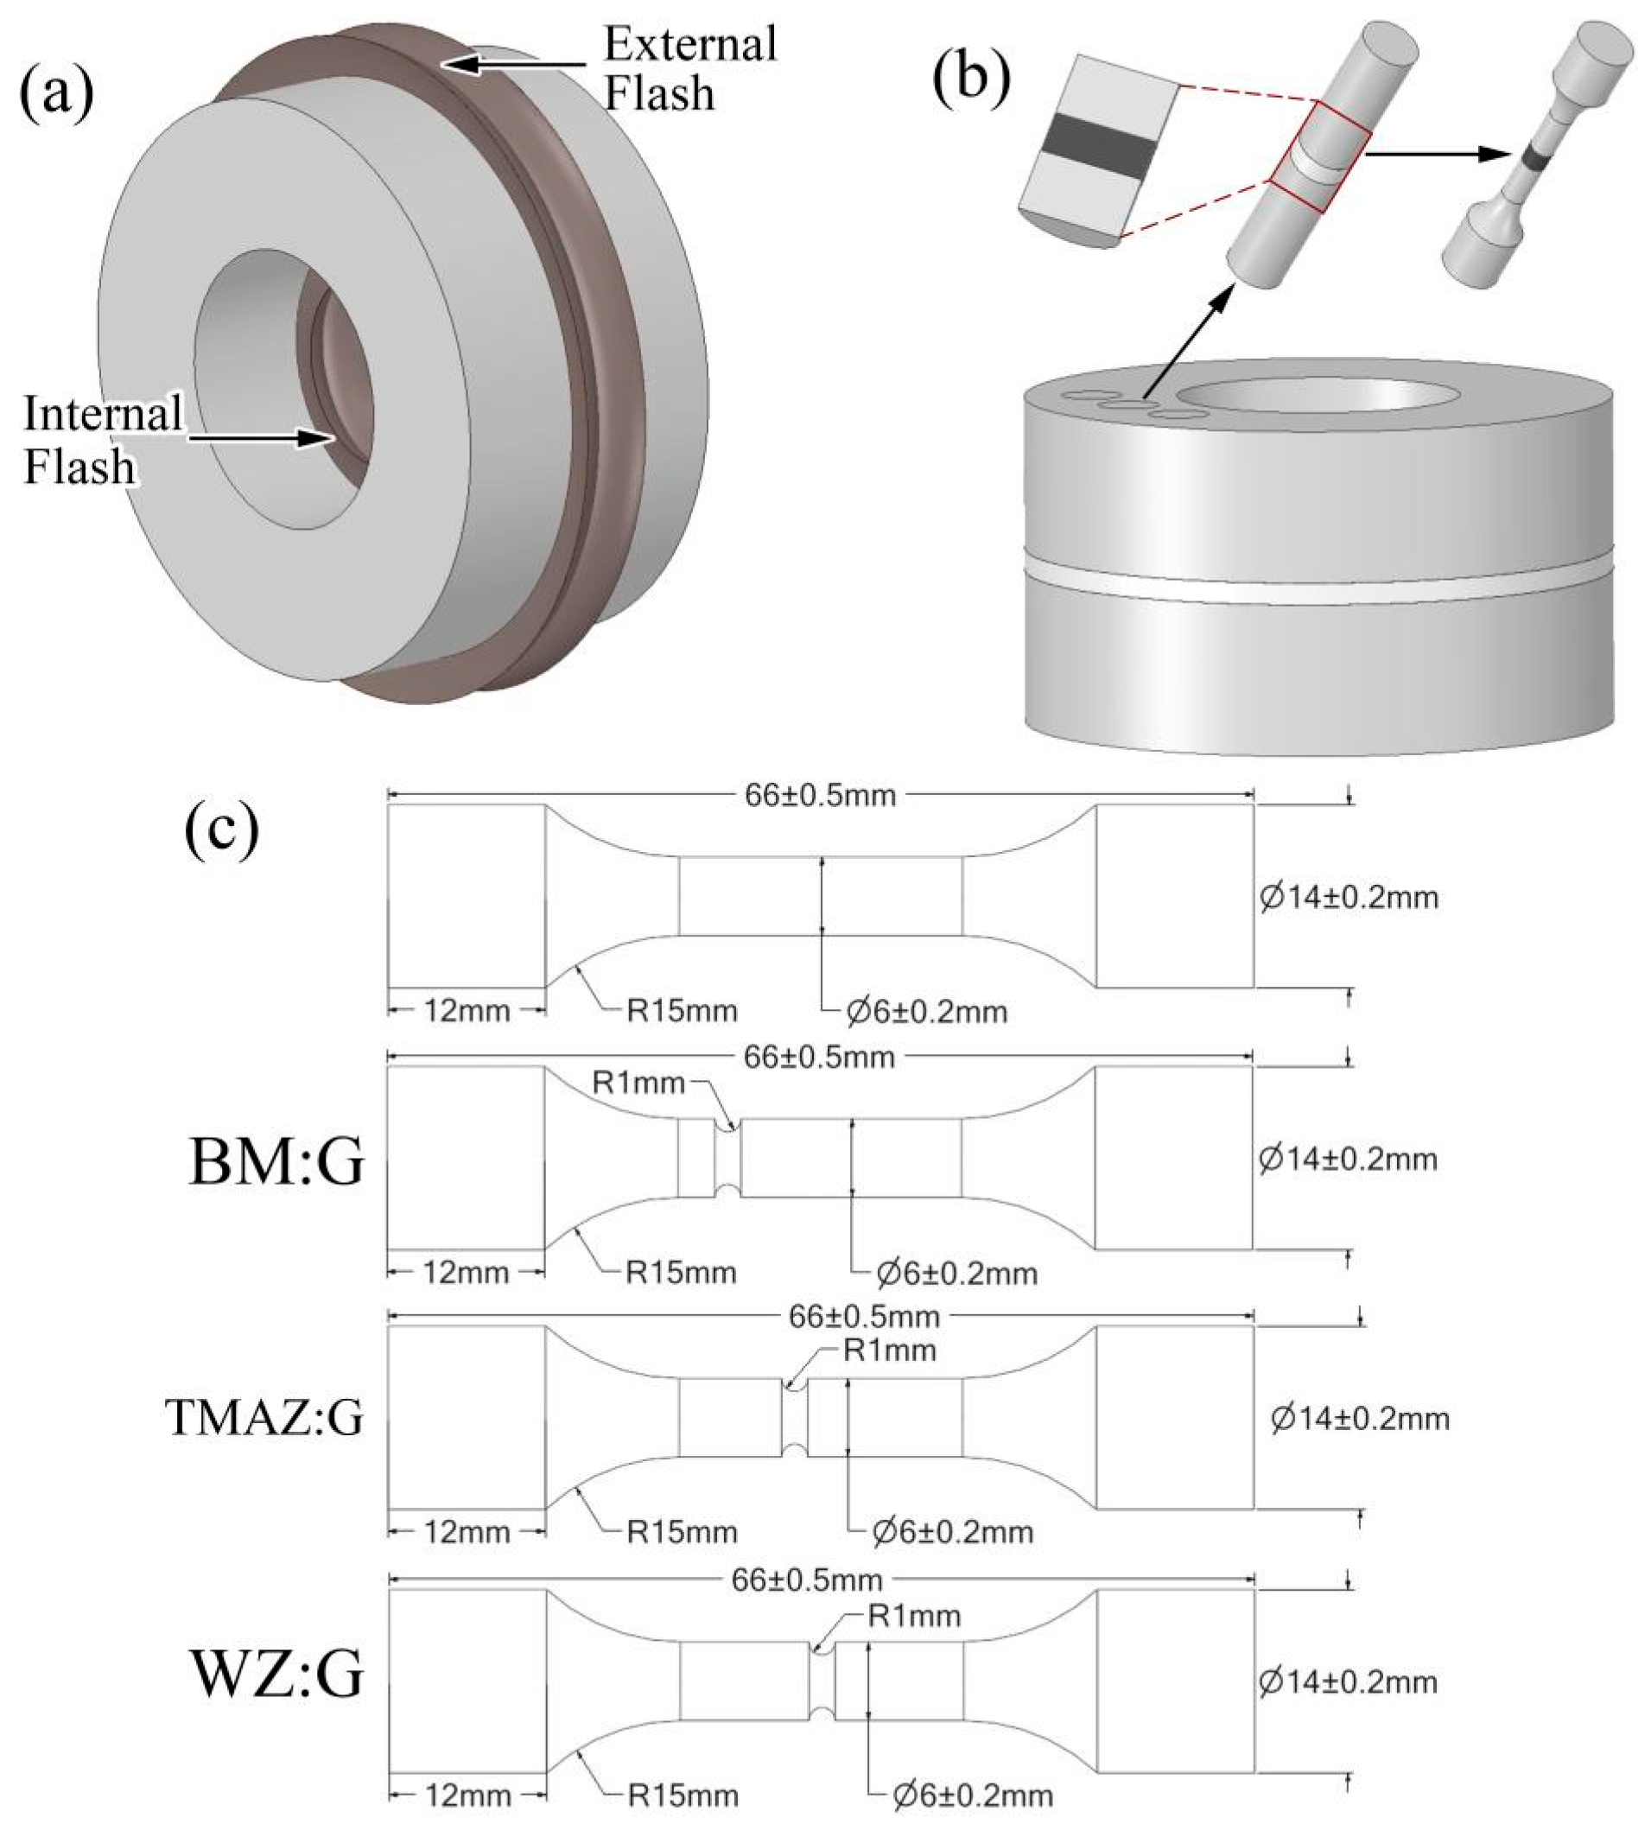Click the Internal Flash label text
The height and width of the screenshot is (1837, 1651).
tap(102, 440)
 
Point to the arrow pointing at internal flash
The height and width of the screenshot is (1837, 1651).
tap(258, 437)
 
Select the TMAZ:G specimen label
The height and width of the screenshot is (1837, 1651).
tap(265, 1418)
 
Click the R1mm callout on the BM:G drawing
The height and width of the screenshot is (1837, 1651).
tap(638, 1083)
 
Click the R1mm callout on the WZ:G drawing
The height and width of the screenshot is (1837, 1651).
tap(914, 1617)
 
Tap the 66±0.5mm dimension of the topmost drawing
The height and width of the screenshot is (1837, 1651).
tap(820, 795)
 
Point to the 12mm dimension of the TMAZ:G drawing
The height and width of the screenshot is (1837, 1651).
tap(467, 1532)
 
